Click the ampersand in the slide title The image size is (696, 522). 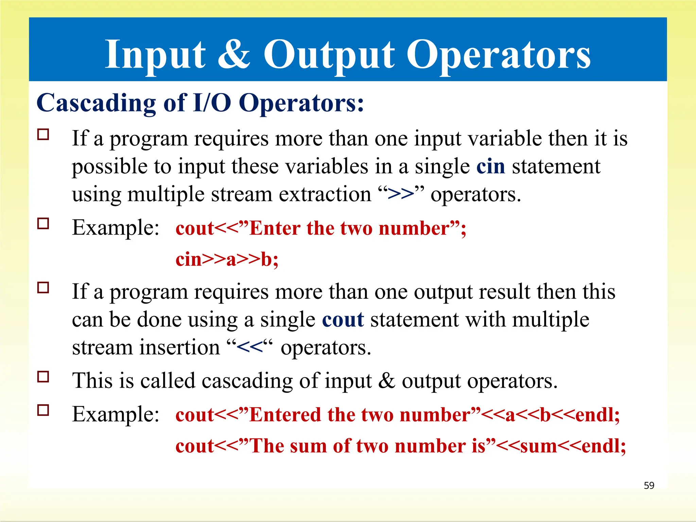233,54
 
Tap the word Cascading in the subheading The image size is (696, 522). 96,103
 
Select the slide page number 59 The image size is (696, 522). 649,485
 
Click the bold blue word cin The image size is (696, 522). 490,167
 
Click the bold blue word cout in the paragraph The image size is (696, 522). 343,320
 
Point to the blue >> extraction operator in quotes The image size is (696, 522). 401,194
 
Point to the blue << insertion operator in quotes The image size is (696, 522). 250,348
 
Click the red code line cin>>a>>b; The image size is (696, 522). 227,259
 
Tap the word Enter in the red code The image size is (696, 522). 275,228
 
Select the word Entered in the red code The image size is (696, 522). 285,415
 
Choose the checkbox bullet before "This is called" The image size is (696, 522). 43,377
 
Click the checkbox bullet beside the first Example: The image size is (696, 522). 43,224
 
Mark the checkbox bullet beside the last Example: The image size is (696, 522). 43,411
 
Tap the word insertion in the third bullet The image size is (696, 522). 180,348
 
